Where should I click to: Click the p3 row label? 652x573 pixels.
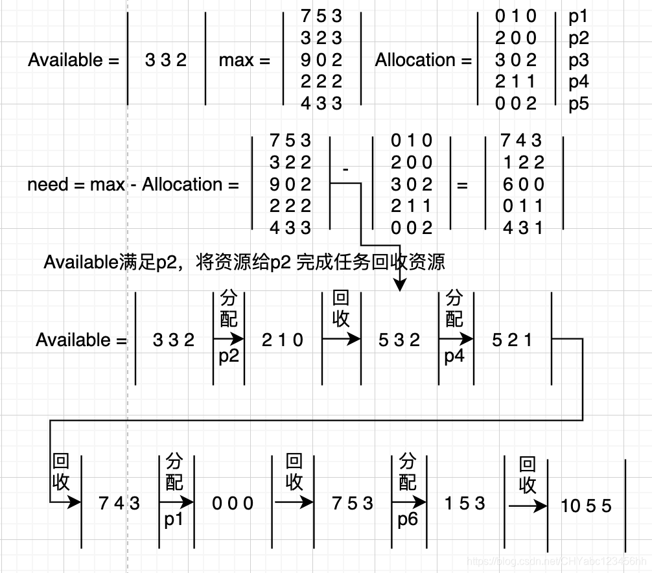click(x=578, y=60)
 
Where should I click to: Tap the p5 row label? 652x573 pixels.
click(x=578, y=102)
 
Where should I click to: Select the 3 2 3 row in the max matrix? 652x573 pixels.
click(x=321, y=38)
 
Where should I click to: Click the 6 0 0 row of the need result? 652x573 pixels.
click(x=522, y=184)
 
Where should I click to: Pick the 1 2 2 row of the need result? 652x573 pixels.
click(x=522, y=162)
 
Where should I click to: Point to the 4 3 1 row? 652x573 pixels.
click(x=522, y=228)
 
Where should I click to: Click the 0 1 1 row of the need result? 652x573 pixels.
click(x=522, y=206)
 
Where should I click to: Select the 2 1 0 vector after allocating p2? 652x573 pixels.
click(x=283, y=340)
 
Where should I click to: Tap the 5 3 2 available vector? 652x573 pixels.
click(x=399, y=340)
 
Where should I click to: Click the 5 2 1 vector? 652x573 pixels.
click(x=512, y=340)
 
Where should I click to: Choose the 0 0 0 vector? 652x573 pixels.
click(x=233, y=503)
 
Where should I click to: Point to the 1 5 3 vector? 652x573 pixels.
click(x=465, y=503)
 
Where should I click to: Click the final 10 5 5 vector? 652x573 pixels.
click(x=586, y=506)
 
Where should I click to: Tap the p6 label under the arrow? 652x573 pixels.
click(x=408, y=520)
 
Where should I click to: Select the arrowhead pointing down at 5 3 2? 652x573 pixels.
click(x=399, y=285)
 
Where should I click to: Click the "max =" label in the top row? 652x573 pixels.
click(x=244, y=60)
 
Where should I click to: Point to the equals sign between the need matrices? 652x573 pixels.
click(x=462, y=185)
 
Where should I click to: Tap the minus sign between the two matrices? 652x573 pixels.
click(x=345, y=169)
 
